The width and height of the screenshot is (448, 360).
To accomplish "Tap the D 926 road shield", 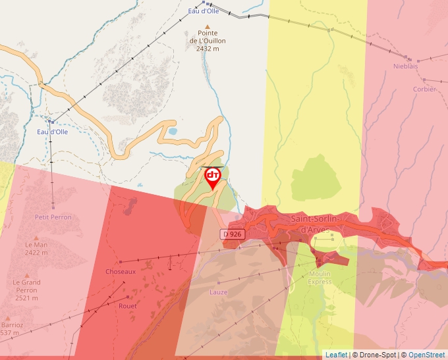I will (x=233, y=234).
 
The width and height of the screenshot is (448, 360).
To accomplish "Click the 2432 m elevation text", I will (x=208, y=49).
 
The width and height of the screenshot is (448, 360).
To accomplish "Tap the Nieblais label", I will (x=405, y=66).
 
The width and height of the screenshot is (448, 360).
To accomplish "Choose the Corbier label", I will (x=424, y=89).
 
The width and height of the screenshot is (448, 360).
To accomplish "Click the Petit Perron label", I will (x=53, y=217).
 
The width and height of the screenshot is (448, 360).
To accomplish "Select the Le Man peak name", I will (x=36, y=245).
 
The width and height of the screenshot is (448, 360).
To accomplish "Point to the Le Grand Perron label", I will (x=26, y=286).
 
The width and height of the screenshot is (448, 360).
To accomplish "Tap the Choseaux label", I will (x=121, y=271).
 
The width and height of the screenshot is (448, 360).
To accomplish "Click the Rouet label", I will (x=128, y=306).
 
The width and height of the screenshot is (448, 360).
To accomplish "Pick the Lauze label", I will (x=218, y=292).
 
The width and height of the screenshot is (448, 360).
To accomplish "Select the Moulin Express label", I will (x=320, y=277).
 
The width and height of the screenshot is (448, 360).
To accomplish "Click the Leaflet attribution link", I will (x=336, y=355).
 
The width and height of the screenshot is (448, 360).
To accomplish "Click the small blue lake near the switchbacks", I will (x=173, y=131).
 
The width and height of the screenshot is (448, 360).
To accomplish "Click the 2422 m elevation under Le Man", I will (x=36, y=252).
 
